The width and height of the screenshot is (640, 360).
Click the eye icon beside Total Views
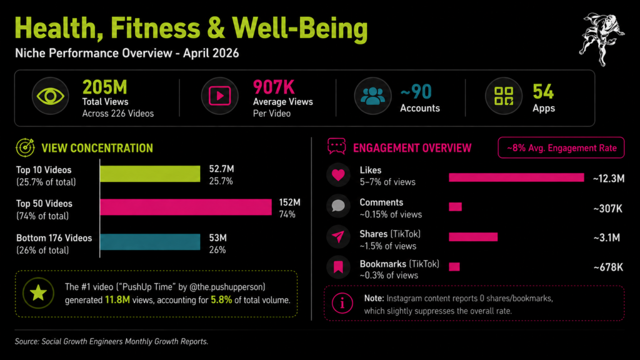pyautogui.click(x=50, y=96)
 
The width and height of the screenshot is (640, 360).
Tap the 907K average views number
pyautogui.click(x=274, y=87)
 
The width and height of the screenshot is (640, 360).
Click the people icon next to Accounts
pyautogui.click(x=372, y=96)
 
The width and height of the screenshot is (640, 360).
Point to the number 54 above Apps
pyautogui.click(x=543, y=92)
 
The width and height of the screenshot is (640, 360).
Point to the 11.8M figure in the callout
pyautogui.click(x=117, y=300)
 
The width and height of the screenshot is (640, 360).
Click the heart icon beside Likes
pyautogui.click(x=338, y=175)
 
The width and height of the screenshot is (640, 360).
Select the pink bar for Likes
pyautogui.click(x=516, y=178)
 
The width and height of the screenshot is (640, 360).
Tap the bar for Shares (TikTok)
pyautogui.click(x=473, y=237)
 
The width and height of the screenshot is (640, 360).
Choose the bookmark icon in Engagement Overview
pyautogui.click(x=338, y=267)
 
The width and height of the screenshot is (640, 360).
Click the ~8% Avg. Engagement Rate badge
pyautogui.click(x=561, y=148)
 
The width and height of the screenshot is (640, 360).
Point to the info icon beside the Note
pyautogui.click(x=342, y=303)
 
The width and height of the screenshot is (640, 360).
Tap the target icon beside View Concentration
pyautogui.click(x=26, y=149)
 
